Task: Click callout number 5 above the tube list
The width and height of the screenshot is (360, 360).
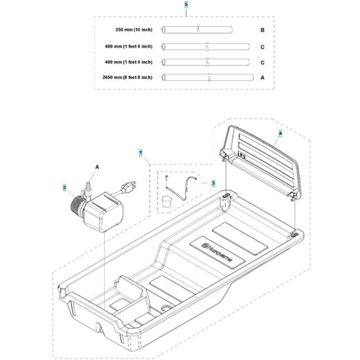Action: click(x=186, y=4)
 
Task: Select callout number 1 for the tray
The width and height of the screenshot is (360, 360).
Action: click(x=140, y=153)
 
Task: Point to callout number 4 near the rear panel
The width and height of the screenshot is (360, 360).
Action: click(x=280, y=134)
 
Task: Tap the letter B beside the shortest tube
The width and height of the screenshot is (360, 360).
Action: click(x=262, y=30)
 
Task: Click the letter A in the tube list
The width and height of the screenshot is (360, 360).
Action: click(x=262, y=77)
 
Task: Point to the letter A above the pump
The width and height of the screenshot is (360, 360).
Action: click(x=96, y=166)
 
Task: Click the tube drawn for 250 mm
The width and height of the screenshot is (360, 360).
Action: click(x=192, y=30)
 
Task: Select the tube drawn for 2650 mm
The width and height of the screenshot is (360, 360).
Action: click(x=205, y=77)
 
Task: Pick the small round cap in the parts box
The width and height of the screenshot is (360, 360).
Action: click(x=168, y=202)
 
